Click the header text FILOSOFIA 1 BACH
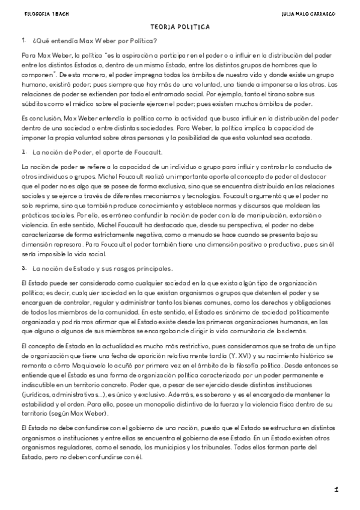coord(37,13)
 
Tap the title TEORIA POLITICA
coord(180,27)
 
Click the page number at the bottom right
coord(337,490)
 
